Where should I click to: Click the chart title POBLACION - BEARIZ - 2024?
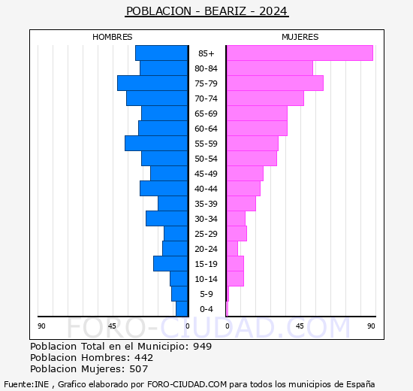206,11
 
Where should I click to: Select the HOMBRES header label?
113,37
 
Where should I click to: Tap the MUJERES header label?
300,37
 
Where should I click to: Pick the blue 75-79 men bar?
152,83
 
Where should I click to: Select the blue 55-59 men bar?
156,144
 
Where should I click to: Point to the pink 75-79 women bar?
274,83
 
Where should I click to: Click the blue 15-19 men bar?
170,264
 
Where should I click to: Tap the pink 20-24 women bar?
232,249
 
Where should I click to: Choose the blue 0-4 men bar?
182,309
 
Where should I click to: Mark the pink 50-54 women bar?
252,159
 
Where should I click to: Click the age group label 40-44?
206,189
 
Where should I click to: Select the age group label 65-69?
206,114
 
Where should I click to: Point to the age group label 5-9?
206,294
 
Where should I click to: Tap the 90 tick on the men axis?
42,326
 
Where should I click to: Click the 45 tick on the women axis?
299,326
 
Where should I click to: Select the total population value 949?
201,347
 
